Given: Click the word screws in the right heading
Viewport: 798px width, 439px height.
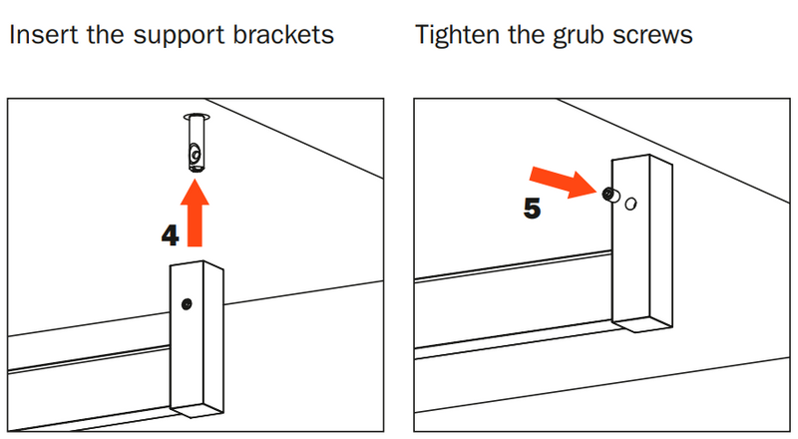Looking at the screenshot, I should point(654,37).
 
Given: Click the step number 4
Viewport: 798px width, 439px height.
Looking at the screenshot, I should point(171,236).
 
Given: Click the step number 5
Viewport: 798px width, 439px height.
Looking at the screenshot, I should point(533,210).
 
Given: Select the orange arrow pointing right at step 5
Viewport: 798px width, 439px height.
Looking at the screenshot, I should point(565,185).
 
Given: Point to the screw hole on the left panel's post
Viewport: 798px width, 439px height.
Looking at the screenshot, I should point(187,303).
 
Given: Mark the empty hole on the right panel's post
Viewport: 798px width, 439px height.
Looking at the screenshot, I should point(630,204).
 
